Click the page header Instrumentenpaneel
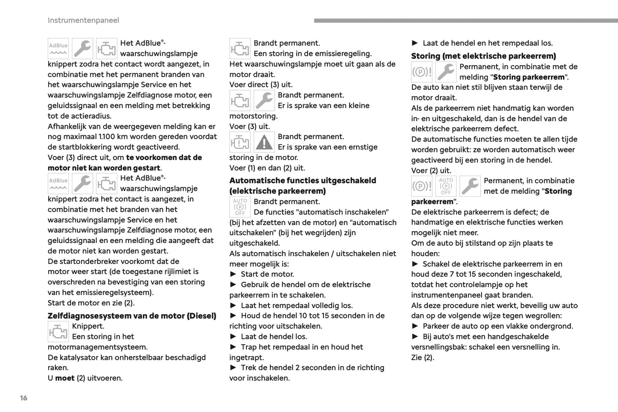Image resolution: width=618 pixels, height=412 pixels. click(x=83, y=21)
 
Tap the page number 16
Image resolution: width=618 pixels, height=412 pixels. click(x=24, y=398)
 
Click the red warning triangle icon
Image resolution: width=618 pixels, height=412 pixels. click(x=264, y=142)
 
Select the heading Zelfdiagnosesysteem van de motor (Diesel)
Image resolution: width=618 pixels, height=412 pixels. click(x=132, y=316)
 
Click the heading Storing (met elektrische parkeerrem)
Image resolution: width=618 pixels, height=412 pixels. click(x=483, y=56)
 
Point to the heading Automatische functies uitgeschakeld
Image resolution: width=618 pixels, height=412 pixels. click(x=302, y=181)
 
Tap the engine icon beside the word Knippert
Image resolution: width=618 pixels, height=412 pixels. click(x=58, y=332)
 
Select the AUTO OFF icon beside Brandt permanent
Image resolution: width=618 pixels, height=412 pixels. click(x=240, y=207)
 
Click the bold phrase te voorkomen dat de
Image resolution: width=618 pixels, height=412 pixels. click(x=164, y=157)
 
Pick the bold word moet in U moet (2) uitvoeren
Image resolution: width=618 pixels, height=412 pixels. click(x=65, y=378)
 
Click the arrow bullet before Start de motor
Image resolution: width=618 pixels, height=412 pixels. click(x=233, y=274)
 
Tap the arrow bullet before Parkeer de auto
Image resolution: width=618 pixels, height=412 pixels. click(x=415, y=326)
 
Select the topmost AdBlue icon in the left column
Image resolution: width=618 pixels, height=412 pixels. click(x=58, y=48)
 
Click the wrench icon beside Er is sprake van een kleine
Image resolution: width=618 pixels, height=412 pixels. click(x=264, y=101)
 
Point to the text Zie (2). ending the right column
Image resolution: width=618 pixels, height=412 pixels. click(x=423, y=358)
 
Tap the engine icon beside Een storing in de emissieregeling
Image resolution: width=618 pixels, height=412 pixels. click(x=240, y=48)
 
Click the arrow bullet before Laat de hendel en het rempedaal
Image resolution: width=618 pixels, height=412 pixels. click(x=415, y=43)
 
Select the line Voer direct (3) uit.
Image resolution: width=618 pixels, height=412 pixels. click(x=261, y=85)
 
